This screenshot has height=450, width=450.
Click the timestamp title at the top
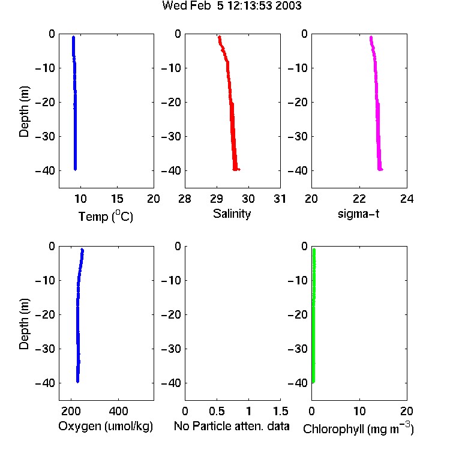[232, 5]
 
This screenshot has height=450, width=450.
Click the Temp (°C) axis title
[106, 216]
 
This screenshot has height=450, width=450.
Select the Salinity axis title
[232, 214]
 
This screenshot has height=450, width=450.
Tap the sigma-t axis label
[358, 214]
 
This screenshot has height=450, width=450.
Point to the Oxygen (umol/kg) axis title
[106, 426]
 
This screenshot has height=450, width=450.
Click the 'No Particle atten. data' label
[232, 426]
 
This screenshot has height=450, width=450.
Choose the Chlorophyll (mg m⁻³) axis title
[358, 428]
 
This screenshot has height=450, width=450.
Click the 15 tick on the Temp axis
[117, 199]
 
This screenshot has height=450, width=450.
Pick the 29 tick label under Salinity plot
[217, 199]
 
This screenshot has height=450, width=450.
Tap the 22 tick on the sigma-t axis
[359, 199]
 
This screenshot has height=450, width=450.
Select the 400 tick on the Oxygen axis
[118, 411]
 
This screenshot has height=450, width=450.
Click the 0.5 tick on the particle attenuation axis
[217, 411]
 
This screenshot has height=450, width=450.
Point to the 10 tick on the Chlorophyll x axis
[359, 411]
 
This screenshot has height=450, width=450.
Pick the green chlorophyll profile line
[314, 316]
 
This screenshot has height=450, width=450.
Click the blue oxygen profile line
[77, 316]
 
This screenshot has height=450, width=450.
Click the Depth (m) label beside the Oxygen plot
[24, 324]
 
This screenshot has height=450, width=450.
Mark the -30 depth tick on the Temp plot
[45, 136]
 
